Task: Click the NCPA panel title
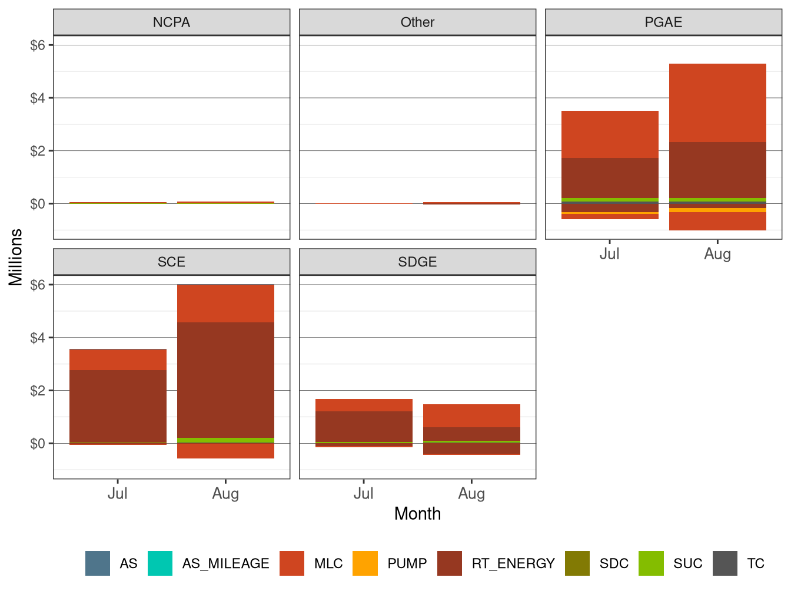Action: point(171,22)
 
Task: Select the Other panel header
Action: point(417,22)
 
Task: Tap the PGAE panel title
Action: point(663,22)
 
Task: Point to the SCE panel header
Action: point(171,262)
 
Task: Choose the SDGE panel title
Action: point(417,262)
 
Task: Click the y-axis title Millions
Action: point(16,257)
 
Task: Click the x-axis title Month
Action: point(417,514)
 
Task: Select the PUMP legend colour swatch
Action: point(365,563)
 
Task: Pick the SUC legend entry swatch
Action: point(651,563)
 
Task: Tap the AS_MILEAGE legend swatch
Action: point(160,563)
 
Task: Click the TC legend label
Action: point(756,564)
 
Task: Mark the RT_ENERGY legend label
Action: point(513,564)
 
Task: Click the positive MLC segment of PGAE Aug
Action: point(717,103)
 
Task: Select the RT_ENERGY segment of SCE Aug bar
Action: point(225,379)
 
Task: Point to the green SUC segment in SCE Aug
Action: point(225,440)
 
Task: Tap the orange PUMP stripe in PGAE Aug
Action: point(717,210)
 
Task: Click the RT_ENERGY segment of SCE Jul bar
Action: point(118,406)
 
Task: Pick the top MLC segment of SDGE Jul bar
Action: point(364,405)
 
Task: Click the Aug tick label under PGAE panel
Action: point(717,254)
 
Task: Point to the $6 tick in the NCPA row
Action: point(38,45)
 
